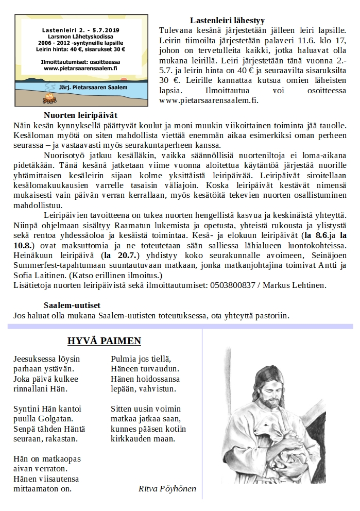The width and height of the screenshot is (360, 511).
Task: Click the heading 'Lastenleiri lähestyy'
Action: pyautogui.click(x=227, y=21)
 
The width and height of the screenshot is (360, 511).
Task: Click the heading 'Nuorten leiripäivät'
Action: pyautogui.click(x=84, y=116)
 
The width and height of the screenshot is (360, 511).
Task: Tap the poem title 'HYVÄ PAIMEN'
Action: pyautogui.click(x=104, y=341)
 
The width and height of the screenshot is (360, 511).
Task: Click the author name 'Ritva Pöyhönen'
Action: pyautogui.click(x=167, y=488)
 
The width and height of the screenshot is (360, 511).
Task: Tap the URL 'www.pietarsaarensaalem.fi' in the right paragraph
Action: pyautogui.click(x=208, y=100)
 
